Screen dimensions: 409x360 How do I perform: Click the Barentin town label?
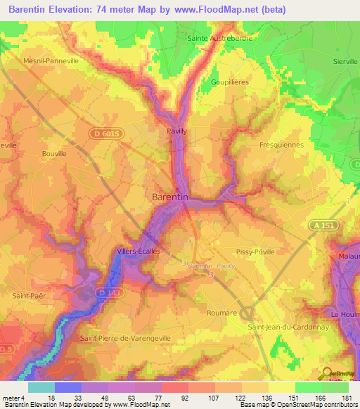170,197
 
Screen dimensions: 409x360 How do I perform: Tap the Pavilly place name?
176,131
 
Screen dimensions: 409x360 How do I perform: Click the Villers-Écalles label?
139,251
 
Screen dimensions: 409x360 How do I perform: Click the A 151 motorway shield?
319,224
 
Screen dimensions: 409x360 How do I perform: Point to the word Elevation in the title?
74,9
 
